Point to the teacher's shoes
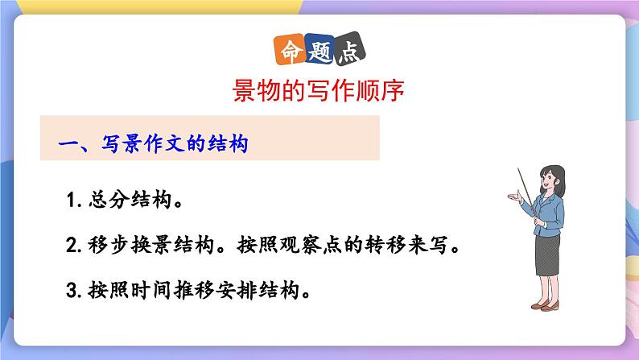click(549, 305)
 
